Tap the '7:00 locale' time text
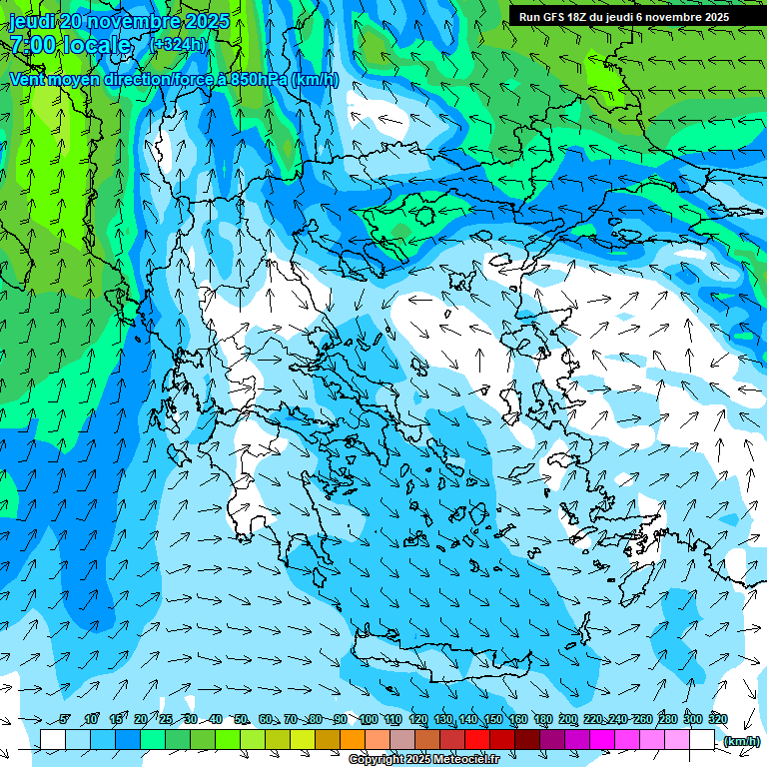pos(70,44)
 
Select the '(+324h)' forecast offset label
pos(178,44)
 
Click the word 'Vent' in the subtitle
pos(29,80)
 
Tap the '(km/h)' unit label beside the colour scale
pos(741,741)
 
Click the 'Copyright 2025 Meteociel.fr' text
pos(423,760)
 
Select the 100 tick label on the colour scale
pos(369,720)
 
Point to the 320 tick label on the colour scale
pos(718,720)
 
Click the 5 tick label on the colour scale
pos(65,720)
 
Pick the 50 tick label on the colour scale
pos(241,720)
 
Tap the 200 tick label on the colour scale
pos(568,720)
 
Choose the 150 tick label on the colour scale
pos(493,720)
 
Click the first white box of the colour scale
pos(53,740)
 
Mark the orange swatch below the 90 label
pos(353,740)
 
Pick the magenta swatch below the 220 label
pos(602,740)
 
